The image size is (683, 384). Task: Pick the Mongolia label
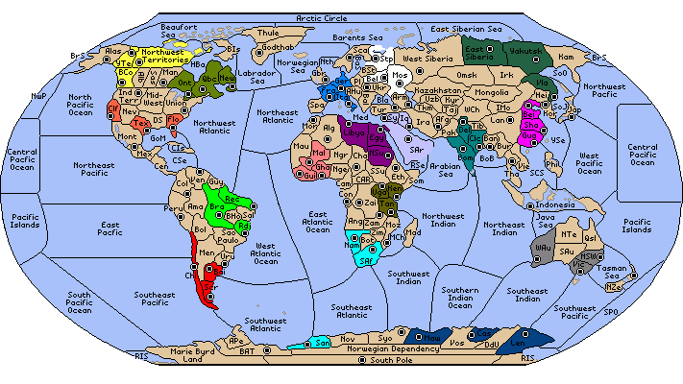click(492, 92)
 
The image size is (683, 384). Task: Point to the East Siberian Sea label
click(466, 30)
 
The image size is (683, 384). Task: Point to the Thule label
click(267, 33)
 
